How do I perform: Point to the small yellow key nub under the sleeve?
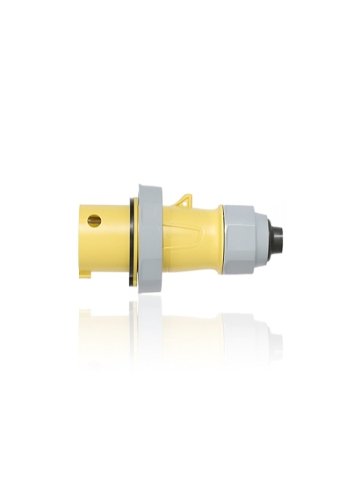[86, 270]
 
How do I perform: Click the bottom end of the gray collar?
[150, 286]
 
